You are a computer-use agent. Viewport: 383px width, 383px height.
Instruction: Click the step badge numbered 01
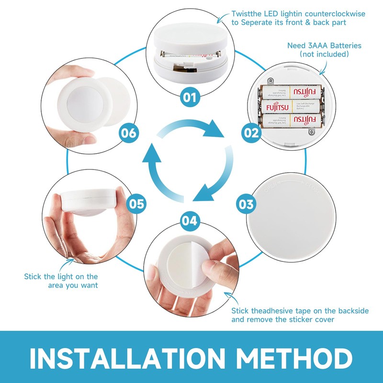click(x=190, y=98)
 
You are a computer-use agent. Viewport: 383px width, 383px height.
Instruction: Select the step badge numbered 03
click(x=246, y=204)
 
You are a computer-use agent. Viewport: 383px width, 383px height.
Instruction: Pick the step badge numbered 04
click(x=190, y=221)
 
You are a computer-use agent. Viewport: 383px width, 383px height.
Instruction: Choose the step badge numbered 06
click(x=129, y=133)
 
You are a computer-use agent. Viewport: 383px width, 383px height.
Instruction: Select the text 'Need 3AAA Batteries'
click(x=324, y=46)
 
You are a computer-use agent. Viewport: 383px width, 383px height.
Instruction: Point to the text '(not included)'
click(x=324, y=55)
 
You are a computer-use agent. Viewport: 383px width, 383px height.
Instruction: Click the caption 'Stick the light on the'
click(x=61, y=276)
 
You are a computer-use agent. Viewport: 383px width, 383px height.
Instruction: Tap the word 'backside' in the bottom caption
click(x=351, y=311)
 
